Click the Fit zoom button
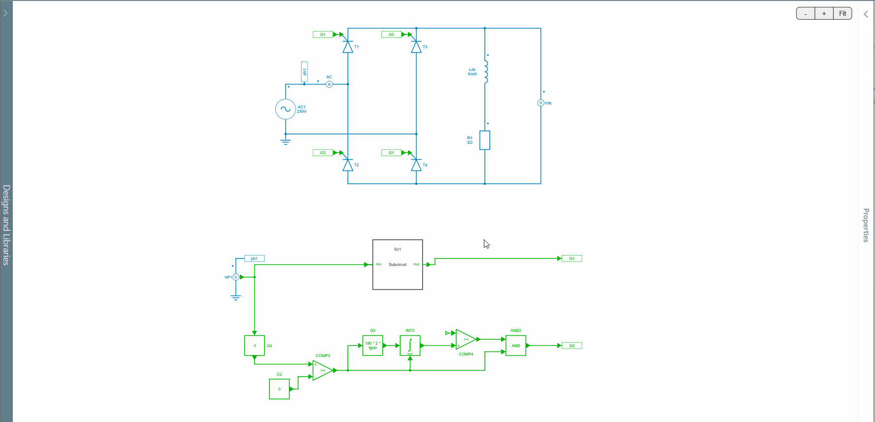[x=842, y=14]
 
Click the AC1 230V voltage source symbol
[x=285, y=109]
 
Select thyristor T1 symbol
[x=348, y=47]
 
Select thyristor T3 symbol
[x=416, y=47]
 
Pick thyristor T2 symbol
[x=348, y=165]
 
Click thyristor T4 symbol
[x=416, y=165]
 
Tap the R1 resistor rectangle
[x=485, y=140]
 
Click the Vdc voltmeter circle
[x=540, y=103]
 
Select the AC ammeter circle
[x=329, y=84]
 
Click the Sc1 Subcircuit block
[x=398, y=264]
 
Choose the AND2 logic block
[x=516, y=346]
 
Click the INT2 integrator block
[x=410, y=346]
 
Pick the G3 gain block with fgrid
[x=372, y=346]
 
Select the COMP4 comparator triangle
[x=465, y=339]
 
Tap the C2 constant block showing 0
[x=279, y=389]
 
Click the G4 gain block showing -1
[x=254, y=346]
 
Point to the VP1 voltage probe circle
[x=236, y=277]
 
